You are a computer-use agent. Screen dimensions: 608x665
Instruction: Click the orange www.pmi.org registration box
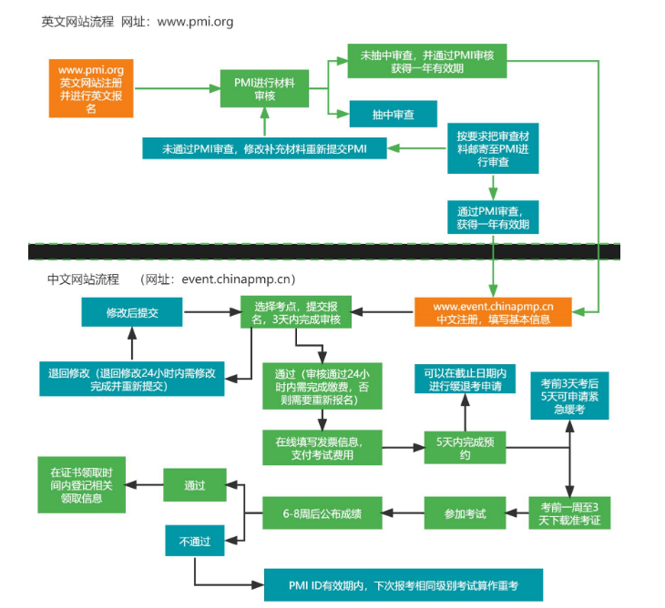(x=91, y=88)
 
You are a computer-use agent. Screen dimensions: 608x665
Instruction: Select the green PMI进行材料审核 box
(x=264, y=89)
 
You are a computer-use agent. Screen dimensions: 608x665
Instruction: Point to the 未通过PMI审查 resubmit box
(x=264, y=147)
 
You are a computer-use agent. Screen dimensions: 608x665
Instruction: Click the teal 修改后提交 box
(x=132, y=312)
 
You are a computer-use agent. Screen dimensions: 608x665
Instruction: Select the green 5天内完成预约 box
(x=465, y=447)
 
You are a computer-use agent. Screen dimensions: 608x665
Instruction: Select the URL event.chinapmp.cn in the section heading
(x=239, y=279)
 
